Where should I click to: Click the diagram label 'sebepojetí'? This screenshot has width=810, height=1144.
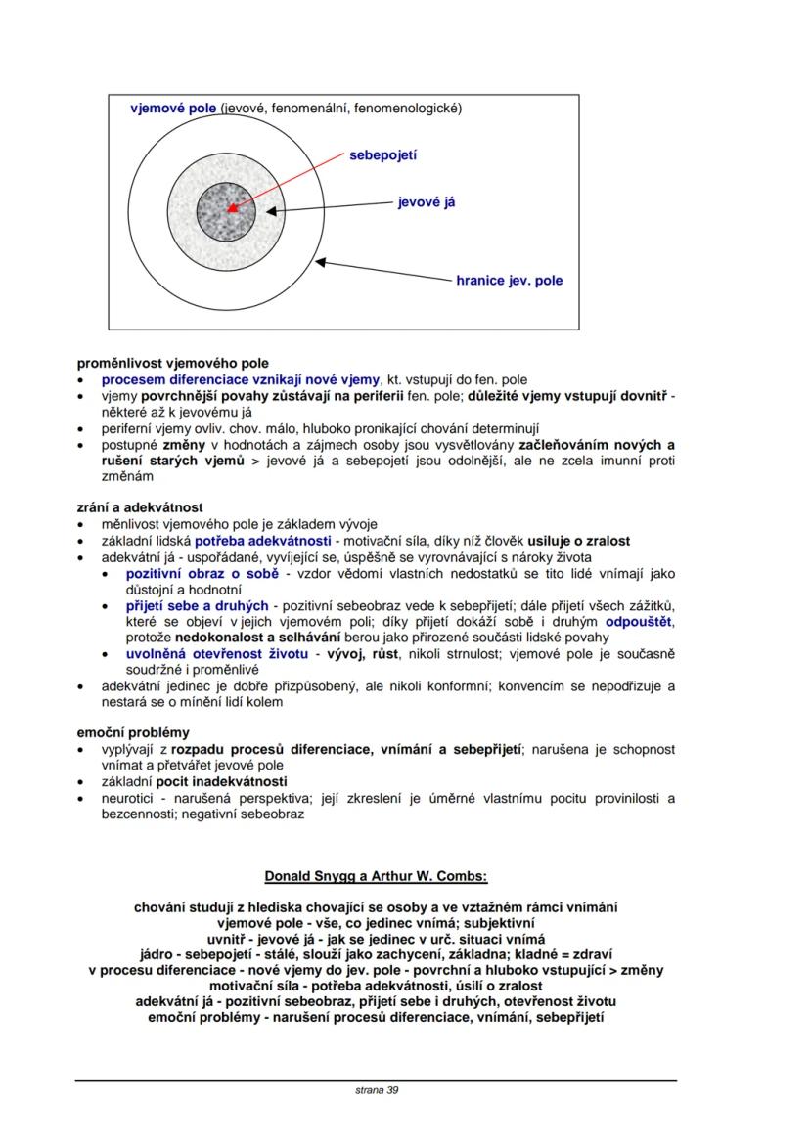tap(382, 154)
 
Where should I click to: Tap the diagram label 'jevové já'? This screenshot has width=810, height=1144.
tap(426, 202)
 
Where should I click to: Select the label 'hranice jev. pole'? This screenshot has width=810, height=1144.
tap(509, 281)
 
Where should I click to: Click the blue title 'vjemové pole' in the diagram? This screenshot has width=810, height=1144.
tap(173, 108)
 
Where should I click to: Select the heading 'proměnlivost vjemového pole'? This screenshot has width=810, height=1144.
tap(172, 363)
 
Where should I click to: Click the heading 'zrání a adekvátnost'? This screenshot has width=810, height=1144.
tap(140, 507)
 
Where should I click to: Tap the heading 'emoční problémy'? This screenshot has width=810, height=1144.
tap(133, 732)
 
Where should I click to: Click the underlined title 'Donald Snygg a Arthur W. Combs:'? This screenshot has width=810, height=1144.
tap(376, 875)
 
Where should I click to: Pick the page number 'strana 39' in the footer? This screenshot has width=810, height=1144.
tap(377, 1089)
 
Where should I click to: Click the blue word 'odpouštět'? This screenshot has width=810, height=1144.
tap(641, 622)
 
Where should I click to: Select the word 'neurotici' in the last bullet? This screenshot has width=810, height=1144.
tap(130, 798)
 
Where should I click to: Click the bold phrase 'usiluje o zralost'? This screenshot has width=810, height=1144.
tap(579, 541)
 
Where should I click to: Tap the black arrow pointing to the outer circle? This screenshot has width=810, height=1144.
tap(382, 272)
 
